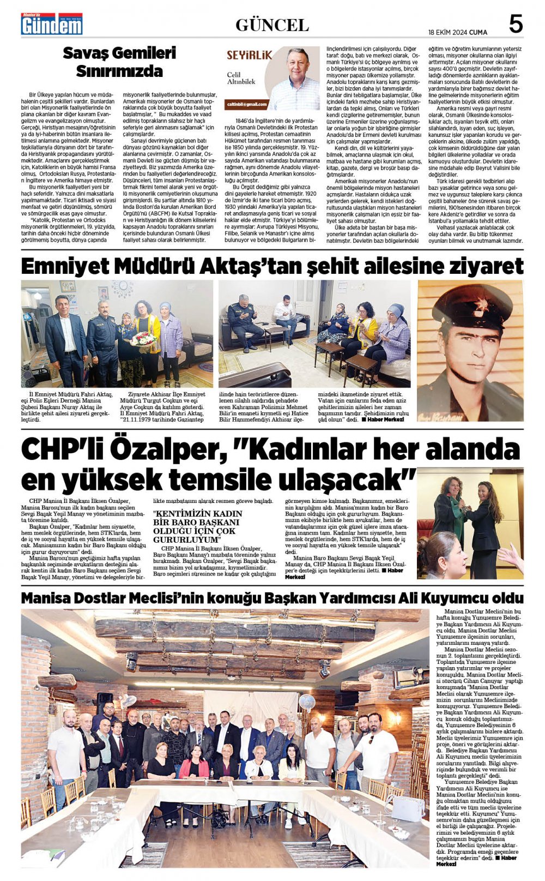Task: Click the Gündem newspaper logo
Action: pyautogui.click(x=52, y=24)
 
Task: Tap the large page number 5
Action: pyautogui.click(x=515, y=24)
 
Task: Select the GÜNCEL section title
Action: pyautogui.click(x=272, y=25)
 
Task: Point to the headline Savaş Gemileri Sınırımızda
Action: pyautogui.click(x=119, y=62)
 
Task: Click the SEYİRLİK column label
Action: pyautogui.click(x=249, y=55)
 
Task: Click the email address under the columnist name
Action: pyautogui.click(x=248, y=104)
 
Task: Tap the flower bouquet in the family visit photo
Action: pyautogui.click(x=143, y=338)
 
